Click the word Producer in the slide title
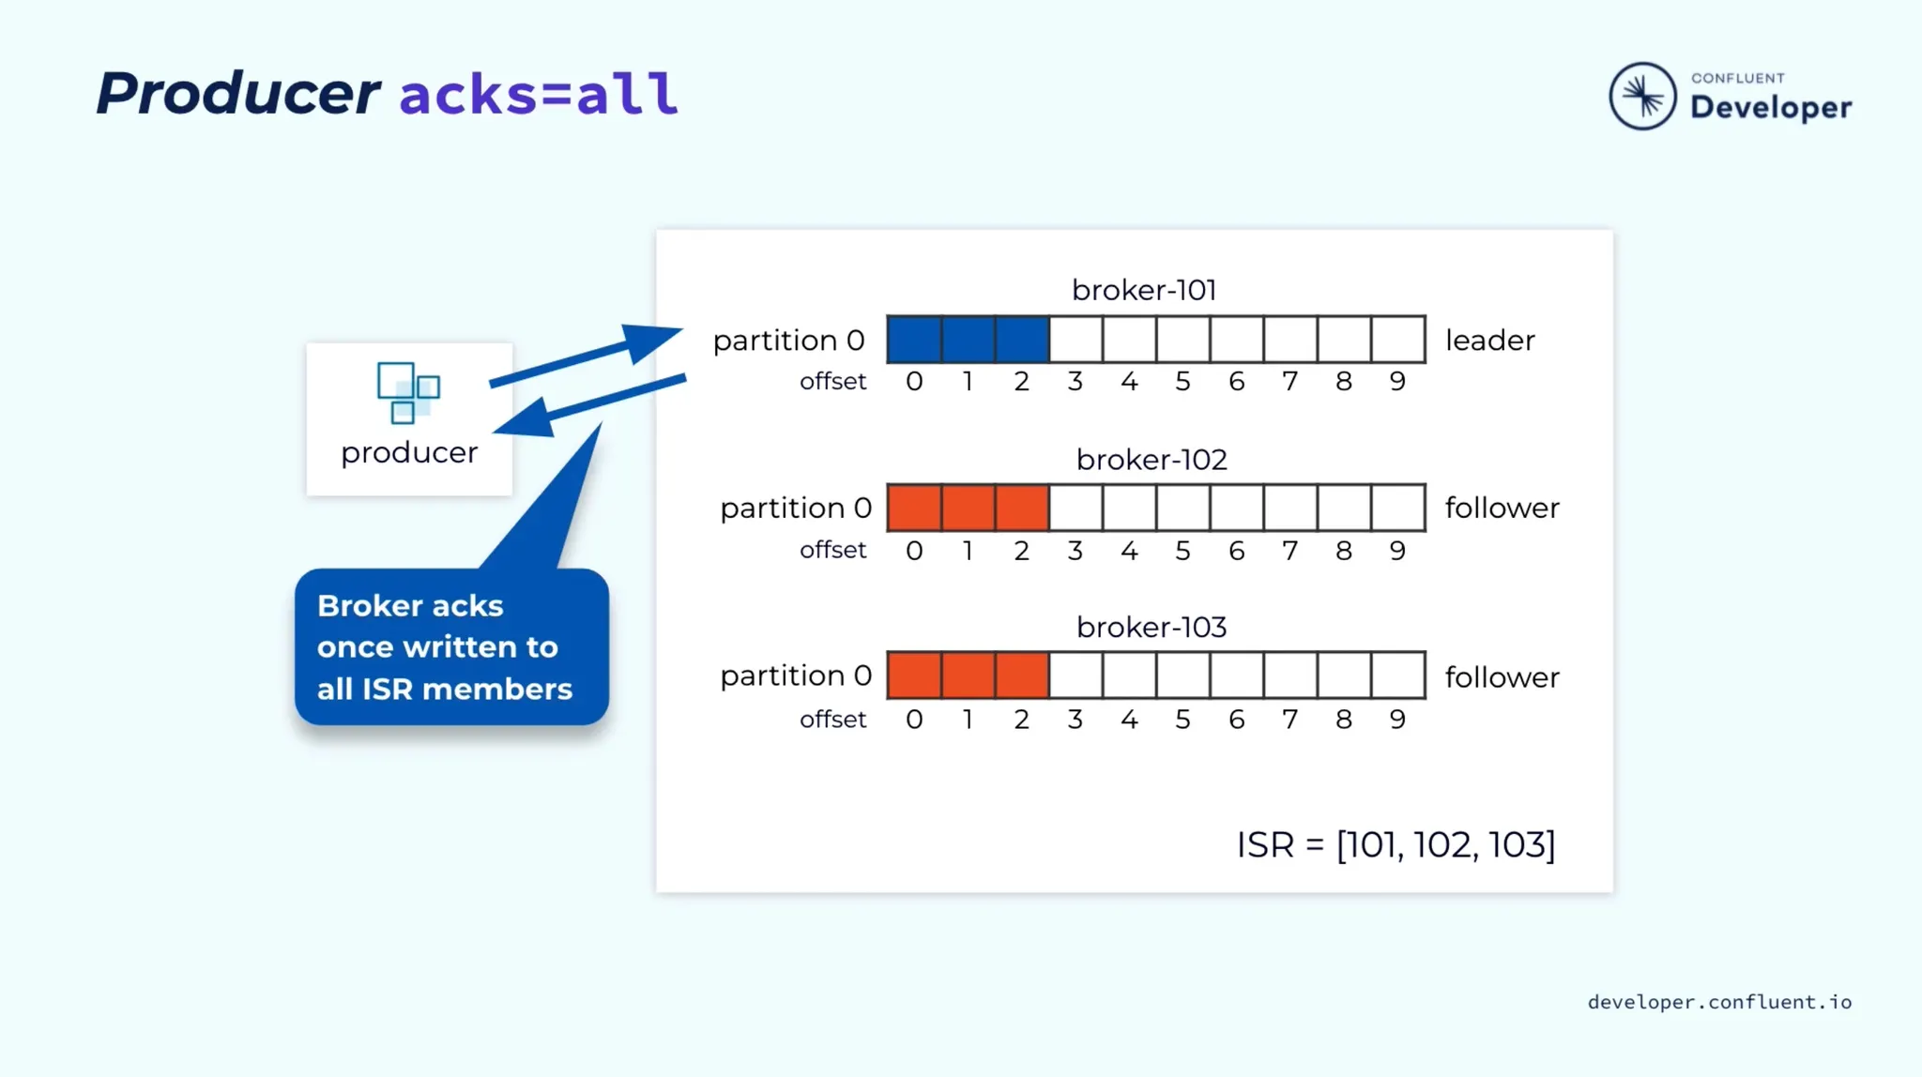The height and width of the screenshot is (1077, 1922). (x=238, y=93)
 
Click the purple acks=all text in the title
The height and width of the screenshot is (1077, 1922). (x=539, y=94)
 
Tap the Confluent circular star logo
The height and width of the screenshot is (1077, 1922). (x=1642, y=96)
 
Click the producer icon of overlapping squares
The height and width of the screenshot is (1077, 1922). (x=408, y=392)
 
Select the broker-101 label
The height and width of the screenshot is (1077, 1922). (x=1144, y=290)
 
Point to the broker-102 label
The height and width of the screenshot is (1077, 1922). (x=1152, y=460)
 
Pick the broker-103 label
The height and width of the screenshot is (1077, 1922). (x=1152, y=627)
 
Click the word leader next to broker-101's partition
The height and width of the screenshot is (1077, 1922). (x=1490, y=340)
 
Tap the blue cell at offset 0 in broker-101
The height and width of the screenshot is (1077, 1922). (x=914, y=340)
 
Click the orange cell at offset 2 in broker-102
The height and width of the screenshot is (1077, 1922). (x=1022, y=508)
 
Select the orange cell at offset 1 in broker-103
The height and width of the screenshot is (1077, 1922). (x=969, y=675)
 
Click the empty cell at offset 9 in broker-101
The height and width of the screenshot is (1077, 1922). (x=1398, y=340)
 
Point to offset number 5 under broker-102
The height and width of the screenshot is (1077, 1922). (x=1182, y=551)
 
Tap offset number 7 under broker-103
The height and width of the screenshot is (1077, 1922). (x=1290, y=720)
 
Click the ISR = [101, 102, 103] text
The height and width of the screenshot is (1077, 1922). (x=1396, y=844)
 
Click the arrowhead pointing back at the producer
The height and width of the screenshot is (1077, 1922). (x=524, y=418)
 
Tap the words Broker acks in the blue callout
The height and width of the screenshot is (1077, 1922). (x=410, y=606)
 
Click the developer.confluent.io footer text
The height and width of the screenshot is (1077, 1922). (x=1719, y=1002)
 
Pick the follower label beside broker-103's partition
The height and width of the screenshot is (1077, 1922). (x=1502, y=676)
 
